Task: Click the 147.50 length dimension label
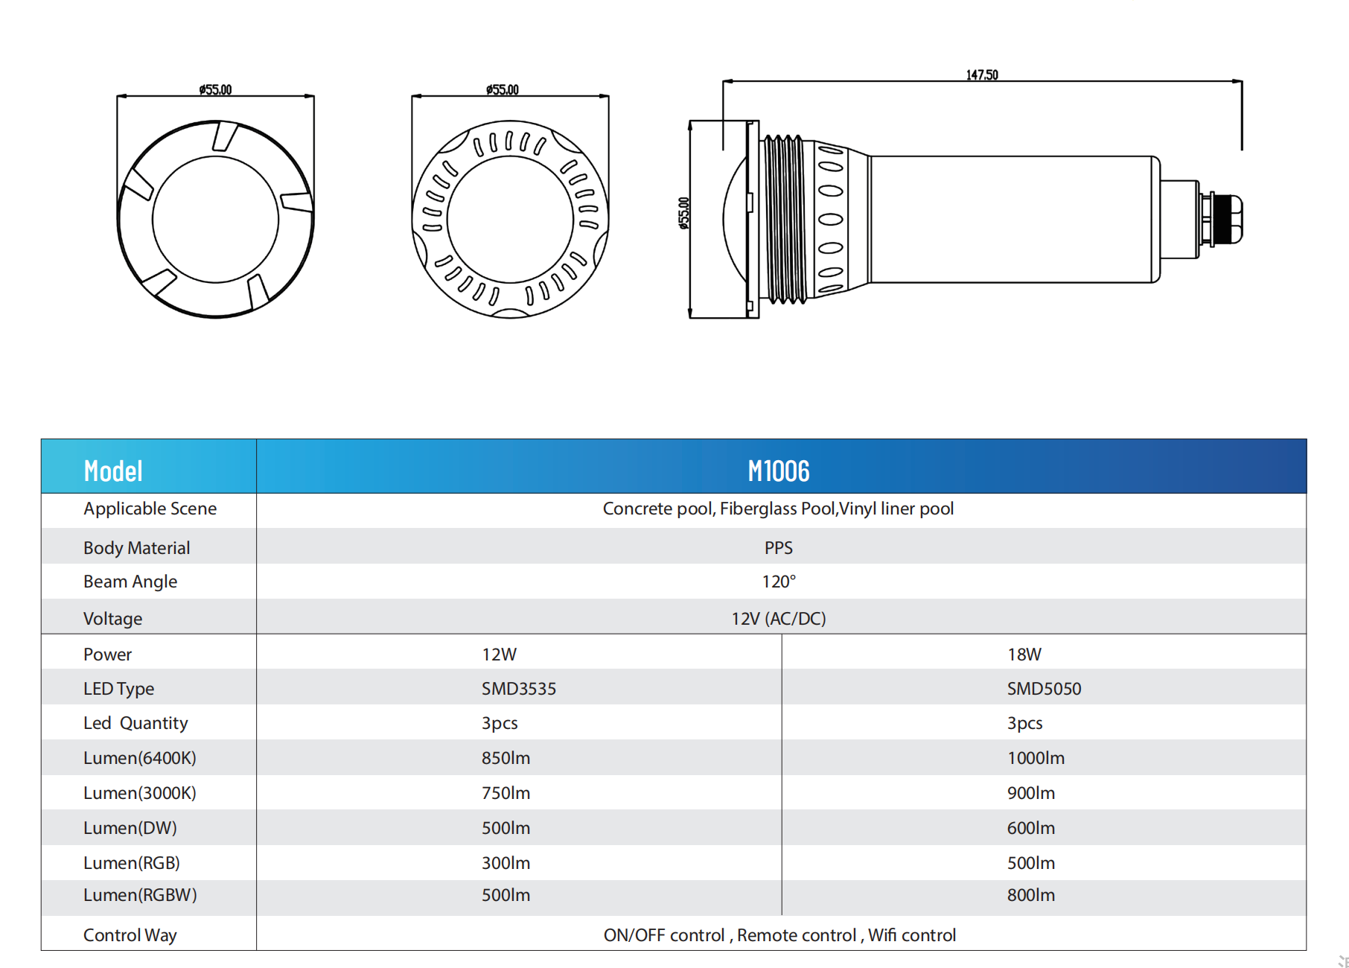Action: [x=981, y=74]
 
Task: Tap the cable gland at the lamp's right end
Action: [x=1221, y=219]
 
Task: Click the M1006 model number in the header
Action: [x=778, y=471]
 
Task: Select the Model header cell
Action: [x=149, y=466]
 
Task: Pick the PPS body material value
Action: [x=778, y=548]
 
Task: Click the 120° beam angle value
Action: [x=778, y=582]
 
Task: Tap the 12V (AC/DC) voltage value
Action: [x=778, y=619]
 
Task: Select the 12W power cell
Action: [x=499, y=655]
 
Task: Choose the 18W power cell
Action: [x=1024, y=655]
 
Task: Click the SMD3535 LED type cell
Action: [x=518, y=689]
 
